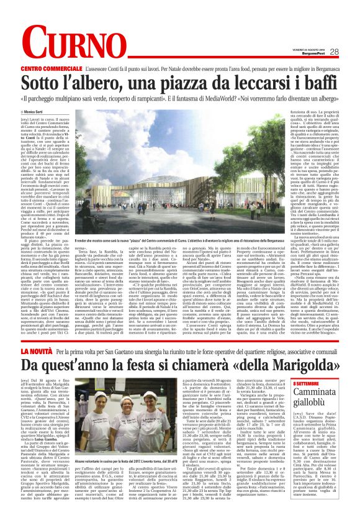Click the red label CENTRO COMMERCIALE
coord(59,67)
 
